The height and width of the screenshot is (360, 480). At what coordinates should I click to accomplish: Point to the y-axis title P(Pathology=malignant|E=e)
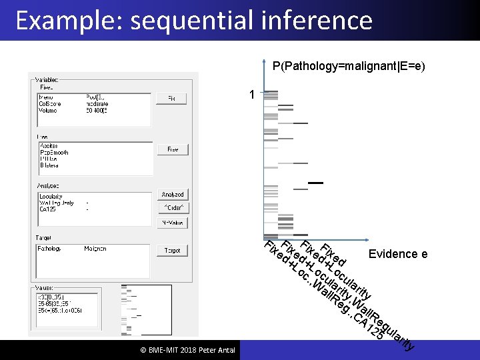[349, 67]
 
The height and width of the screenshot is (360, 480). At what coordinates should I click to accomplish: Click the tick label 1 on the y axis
[251, 95]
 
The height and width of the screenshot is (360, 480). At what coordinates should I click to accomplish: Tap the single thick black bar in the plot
[315, 182]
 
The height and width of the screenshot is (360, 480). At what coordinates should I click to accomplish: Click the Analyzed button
[173, 195]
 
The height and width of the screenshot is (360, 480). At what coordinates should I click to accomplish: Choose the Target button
[173, 251]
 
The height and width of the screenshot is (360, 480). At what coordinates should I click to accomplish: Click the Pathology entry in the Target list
[49, 249]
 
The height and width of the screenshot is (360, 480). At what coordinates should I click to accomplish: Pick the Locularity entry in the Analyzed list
[51, 197]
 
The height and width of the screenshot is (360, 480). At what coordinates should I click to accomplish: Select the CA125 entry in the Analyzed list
[47, 209]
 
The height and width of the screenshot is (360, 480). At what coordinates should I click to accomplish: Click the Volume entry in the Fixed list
[48, 109]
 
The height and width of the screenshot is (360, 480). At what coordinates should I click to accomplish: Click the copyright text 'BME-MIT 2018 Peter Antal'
[178, 351]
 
